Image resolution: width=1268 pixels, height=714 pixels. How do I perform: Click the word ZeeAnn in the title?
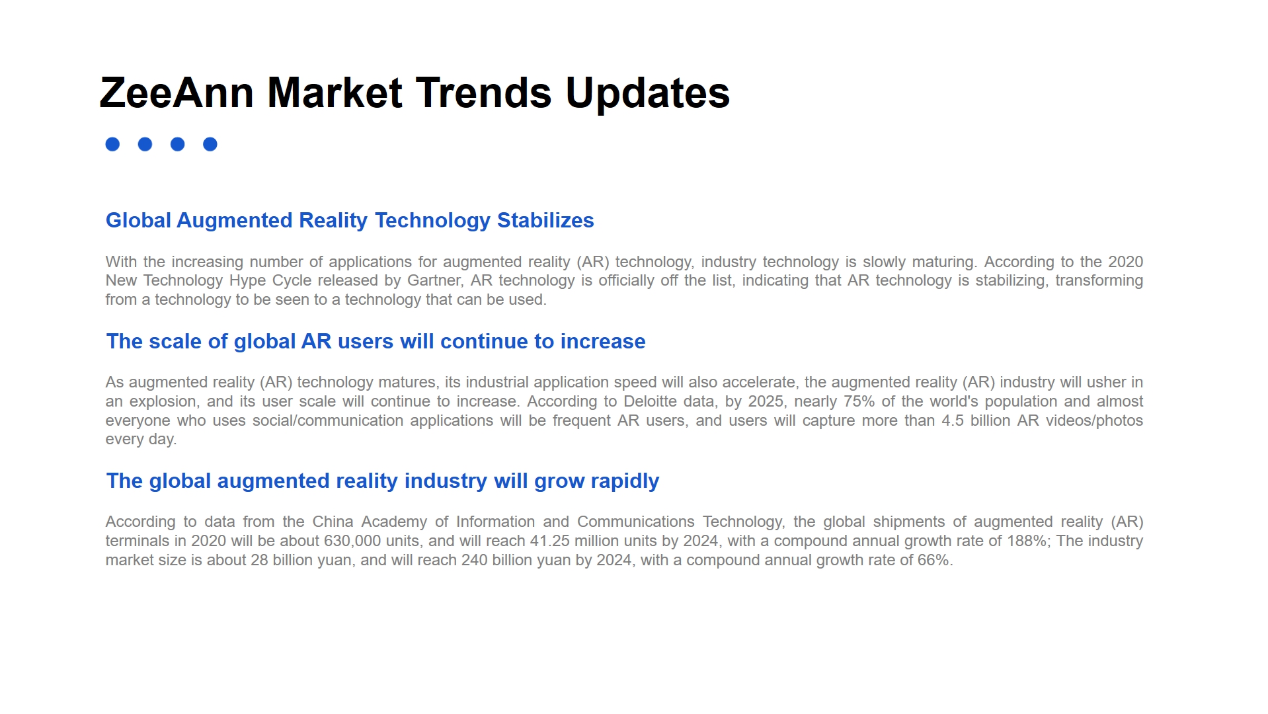click(177, 93)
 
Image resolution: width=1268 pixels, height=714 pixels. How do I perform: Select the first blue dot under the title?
click(112, 144)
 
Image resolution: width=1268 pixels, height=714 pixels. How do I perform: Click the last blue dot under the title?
click(210, 144)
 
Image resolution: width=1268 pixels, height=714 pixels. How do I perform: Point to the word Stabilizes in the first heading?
click(545, 220)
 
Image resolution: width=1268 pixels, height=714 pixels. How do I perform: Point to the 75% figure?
click(859, 401)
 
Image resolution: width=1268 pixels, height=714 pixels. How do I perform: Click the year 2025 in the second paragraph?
click(766, 401)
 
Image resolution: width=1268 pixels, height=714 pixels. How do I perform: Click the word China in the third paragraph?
click(333, 522)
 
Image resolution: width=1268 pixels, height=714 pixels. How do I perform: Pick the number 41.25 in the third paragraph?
click(550, 541)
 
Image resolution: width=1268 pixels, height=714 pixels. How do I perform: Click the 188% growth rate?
click(1027, 541)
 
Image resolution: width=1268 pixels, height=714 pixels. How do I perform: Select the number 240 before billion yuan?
click(475, 560)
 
